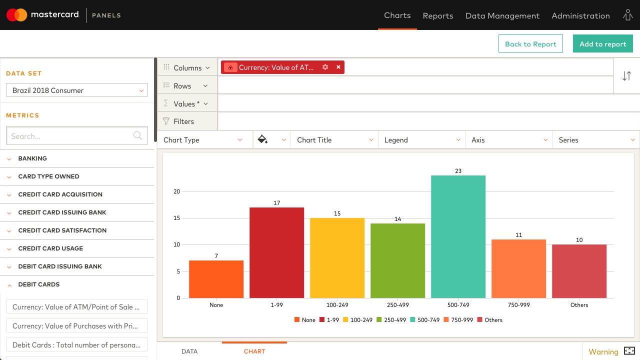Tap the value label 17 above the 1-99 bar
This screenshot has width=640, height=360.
pos(276,203)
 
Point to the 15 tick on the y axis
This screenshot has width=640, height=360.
pos(176,218)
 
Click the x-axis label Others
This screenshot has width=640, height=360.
pos(579,305)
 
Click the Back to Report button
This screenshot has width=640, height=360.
pos(530,44)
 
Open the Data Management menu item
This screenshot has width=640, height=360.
pos(502,15)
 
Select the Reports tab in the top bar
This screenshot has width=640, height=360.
pos(437,15)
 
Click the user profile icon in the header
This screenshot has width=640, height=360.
pos(627,15)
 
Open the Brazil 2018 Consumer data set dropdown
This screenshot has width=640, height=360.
pos(77,90)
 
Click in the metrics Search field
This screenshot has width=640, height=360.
pos(70,136)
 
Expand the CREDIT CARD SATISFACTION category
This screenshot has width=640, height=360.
pos(62,230)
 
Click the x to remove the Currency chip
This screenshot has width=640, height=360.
pos(338,67)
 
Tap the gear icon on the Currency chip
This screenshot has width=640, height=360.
pos(325,67)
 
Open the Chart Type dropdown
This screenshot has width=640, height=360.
pos(202,140)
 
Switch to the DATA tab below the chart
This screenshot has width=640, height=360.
pos(189,351)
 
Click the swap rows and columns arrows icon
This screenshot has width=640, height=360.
pos(626,76)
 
